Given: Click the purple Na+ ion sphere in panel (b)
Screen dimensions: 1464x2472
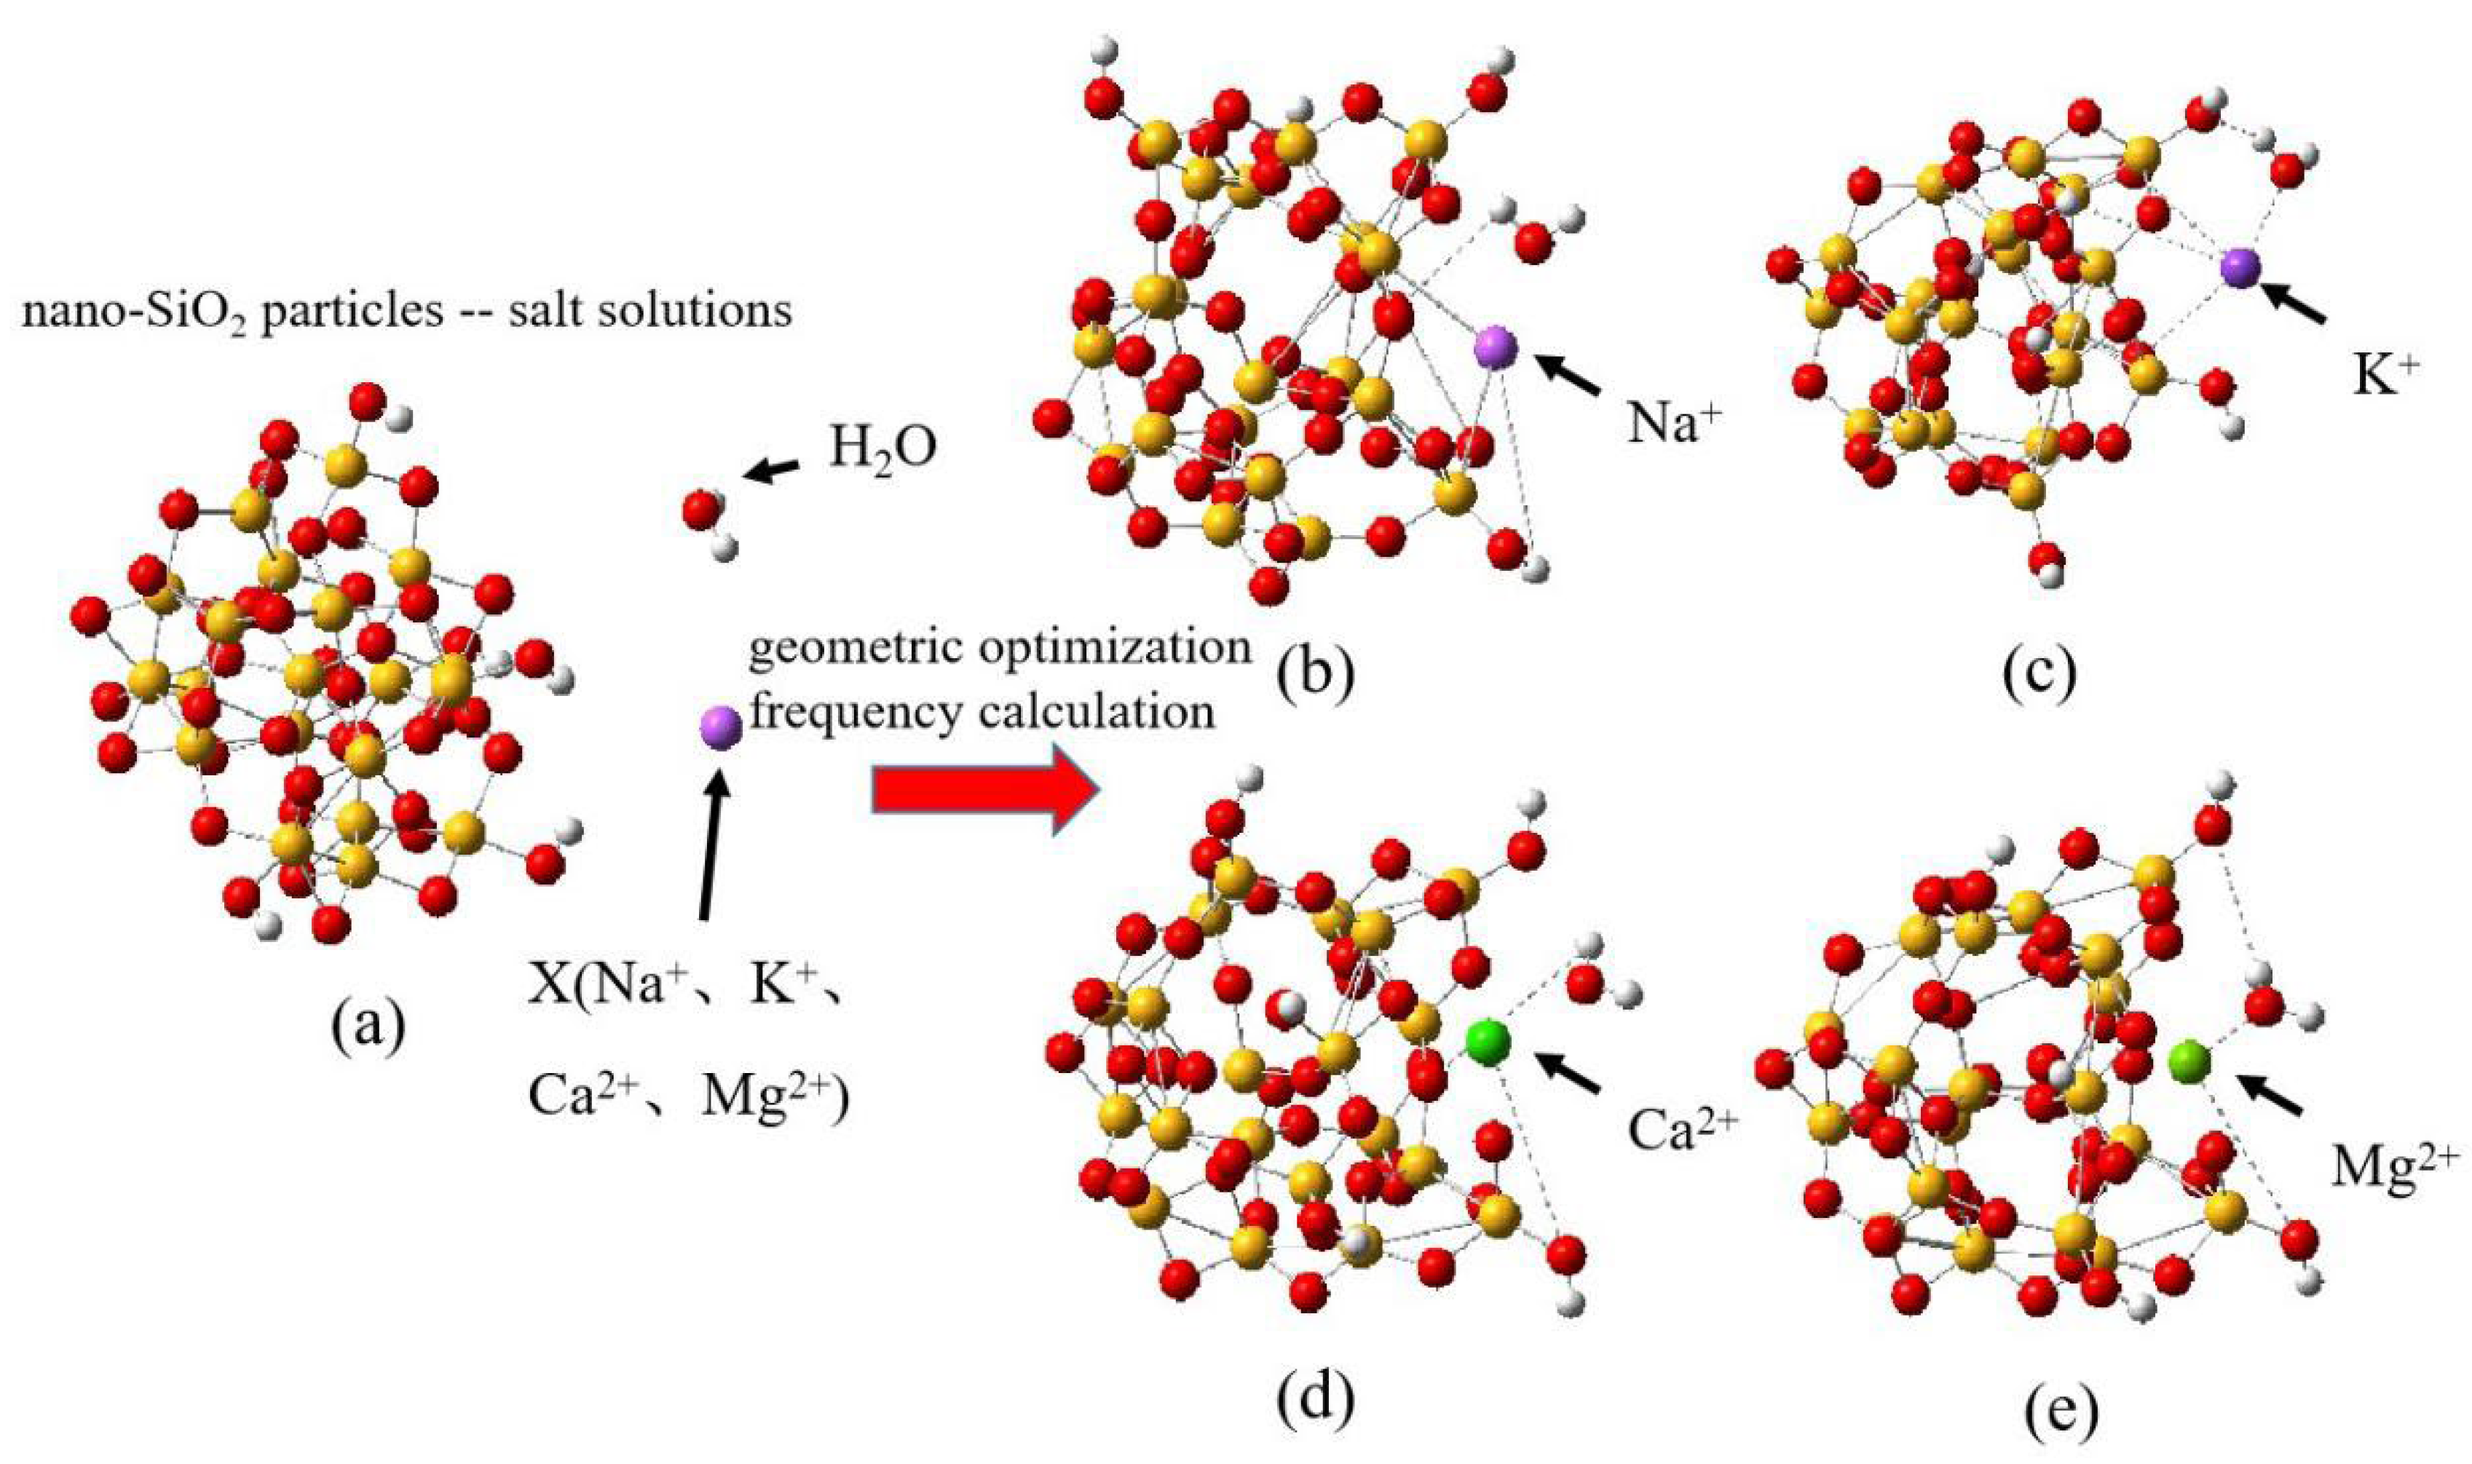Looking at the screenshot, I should [x=1496, y=347].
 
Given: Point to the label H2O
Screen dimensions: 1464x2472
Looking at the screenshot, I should [x=882, y=450].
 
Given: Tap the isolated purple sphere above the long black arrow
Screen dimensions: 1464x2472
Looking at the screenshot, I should [x=720, y=727].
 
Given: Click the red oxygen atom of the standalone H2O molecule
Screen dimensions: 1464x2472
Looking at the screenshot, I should [x=701, y=510].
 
